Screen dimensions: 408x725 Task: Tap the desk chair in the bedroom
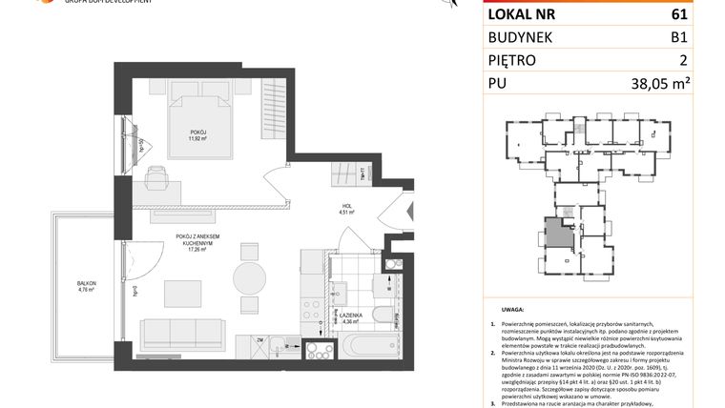[156, 176]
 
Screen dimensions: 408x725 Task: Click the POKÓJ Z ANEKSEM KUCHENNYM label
[198, 243]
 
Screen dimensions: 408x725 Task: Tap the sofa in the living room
[182, 335]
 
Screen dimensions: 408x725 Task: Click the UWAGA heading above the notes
[511, 310]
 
